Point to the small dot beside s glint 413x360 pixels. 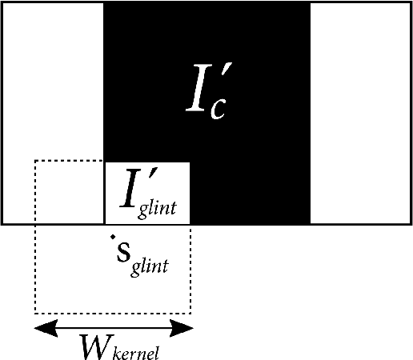(x=113, y=238)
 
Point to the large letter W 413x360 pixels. (x=94, y=345)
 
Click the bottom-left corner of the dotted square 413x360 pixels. (x=35, y=312)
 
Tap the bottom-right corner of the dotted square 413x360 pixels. (x=190, y=312)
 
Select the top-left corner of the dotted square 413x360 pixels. (x=35, y=161)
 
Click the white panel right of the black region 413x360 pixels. (x=360, y=112)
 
